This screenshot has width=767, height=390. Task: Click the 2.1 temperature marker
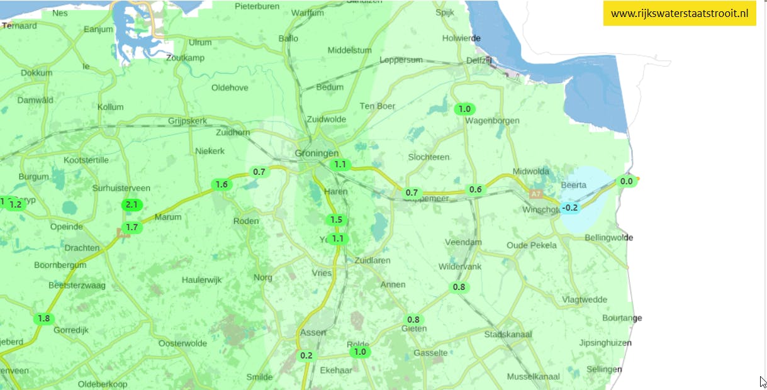(132, 204)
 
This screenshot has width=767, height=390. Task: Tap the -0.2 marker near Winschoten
(570, 208)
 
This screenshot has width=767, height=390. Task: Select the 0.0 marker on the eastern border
(627, 181)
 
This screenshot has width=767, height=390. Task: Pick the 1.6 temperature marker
(221, 184)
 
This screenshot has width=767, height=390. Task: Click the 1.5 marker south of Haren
(336, 220)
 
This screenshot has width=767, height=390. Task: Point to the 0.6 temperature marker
(476, 189)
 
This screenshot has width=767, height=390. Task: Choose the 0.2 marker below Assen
(306, 355)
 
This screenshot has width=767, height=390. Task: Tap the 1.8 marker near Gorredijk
(43, 318)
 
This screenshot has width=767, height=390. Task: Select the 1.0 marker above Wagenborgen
(464, 109)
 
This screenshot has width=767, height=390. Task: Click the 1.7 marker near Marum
(132, 227)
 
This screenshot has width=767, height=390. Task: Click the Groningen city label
(316, 153)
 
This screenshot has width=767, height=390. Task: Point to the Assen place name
(313, 332)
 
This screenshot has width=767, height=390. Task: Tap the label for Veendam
(463, 242)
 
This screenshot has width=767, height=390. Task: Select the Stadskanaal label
(508, 334)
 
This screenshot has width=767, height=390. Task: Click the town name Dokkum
(36, 73)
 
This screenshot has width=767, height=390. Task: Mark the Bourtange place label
(622, 318)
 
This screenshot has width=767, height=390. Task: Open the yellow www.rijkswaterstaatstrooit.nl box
(680, 14)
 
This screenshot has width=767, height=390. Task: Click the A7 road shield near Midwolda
(535, 194)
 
